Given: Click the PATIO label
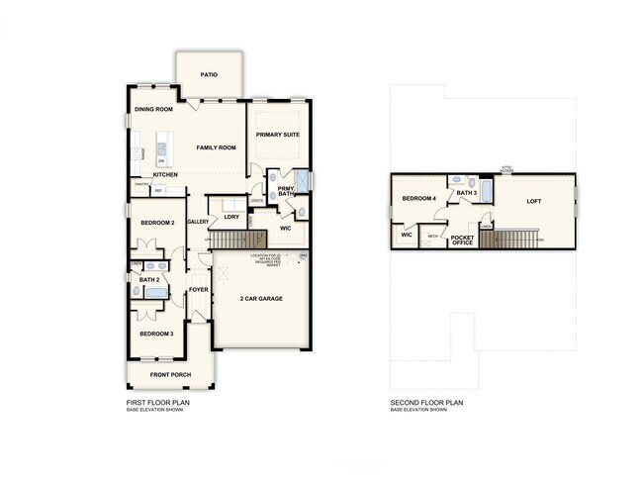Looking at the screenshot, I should [x=209, y=74].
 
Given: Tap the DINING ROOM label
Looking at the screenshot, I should [x=153, y=109].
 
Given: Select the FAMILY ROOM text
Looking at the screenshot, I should [x=216, y=147].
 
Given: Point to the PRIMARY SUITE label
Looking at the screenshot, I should [x=278, y=135].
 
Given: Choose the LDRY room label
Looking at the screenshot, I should [x=230, y=216].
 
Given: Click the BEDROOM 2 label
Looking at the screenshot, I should [x=156, y=223].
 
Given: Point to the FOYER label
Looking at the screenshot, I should [x=198, y=290].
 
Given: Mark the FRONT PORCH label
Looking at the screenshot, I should [x=169, y=375].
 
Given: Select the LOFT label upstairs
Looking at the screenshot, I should [x=534, y=201].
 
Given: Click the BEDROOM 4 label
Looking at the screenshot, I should [x=418, y=199].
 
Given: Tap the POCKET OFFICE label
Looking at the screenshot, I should [x=462, y=241].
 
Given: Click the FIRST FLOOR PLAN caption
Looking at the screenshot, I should [x=158, y=403].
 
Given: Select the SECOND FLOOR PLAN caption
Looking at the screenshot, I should [x=426, y=403].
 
